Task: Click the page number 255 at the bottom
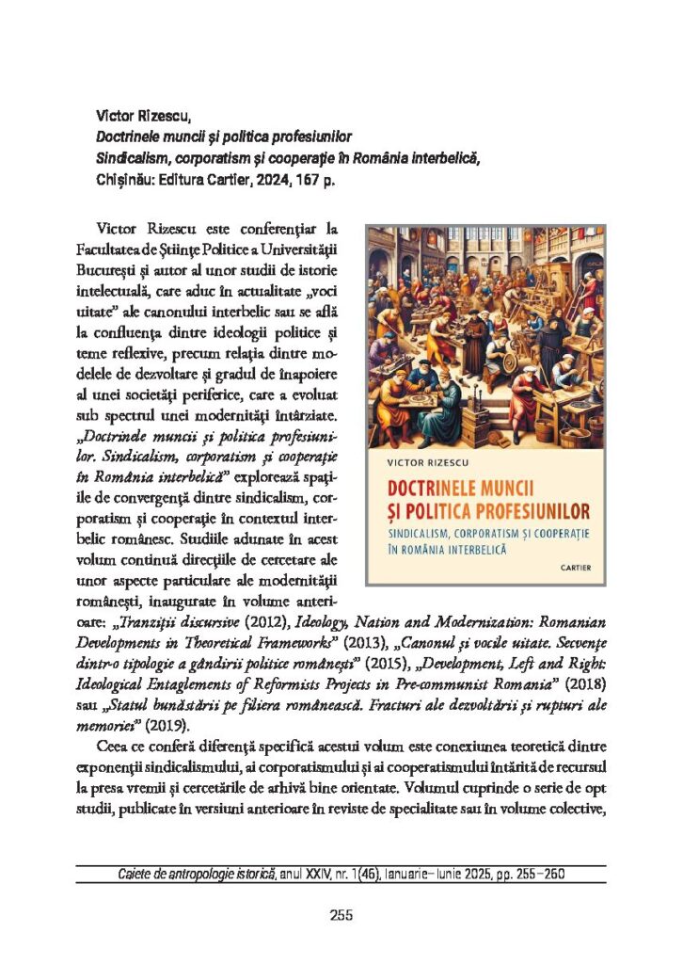pyautogui.click(x=341, y=914)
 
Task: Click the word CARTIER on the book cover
pyautogui.click(x=576, y=568)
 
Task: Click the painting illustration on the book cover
pyautogui.click(x=485, y=337)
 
